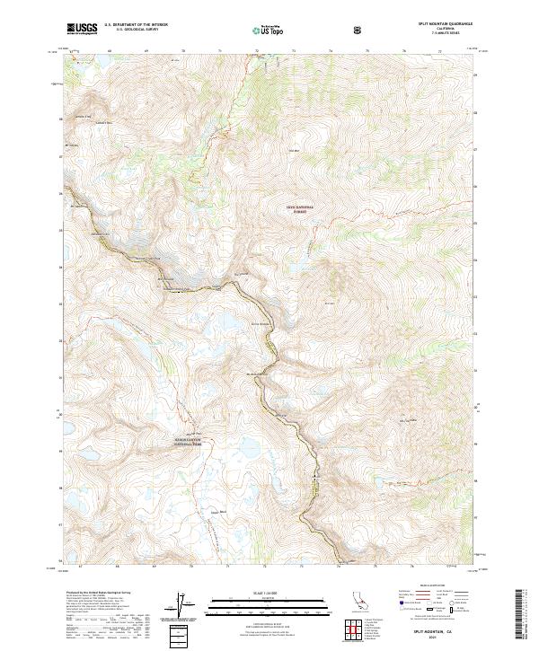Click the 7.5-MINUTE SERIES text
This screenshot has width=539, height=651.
tap(445, 35)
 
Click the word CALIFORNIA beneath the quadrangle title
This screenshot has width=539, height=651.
tap(445, 30)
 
